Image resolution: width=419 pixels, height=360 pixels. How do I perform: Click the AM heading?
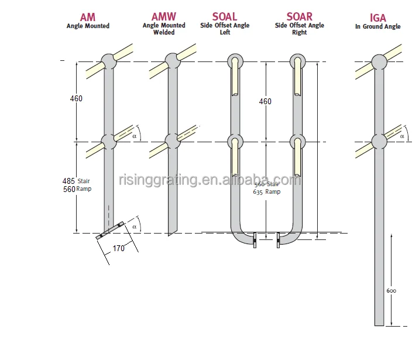(87, 18)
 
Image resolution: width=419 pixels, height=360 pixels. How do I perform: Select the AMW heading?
(163, 17)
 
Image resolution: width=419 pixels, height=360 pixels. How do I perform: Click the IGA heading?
(378, 18)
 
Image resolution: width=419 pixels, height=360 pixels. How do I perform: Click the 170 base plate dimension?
(119, 248)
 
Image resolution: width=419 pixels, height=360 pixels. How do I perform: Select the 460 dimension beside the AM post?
(76, 98)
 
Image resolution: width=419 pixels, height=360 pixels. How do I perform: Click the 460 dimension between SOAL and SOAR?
(265, 101)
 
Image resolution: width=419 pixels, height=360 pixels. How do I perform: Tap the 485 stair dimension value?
(68, 181)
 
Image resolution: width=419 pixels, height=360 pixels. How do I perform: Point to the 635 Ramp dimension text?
(266, 191)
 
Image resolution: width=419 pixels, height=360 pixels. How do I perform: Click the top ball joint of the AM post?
(109, 61)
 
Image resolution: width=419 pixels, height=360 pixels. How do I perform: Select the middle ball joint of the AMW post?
(173, 141)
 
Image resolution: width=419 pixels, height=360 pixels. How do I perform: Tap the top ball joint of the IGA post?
(379, 61)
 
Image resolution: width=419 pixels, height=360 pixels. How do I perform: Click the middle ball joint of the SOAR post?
(298, 142)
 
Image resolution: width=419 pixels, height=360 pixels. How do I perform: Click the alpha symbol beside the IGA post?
(402, 136)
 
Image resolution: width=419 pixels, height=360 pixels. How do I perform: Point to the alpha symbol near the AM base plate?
(134, 226)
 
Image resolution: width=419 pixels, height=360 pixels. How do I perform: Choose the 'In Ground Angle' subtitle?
(378, 27)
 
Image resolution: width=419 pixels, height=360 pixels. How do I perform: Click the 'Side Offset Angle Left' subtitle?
(225, 29)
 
